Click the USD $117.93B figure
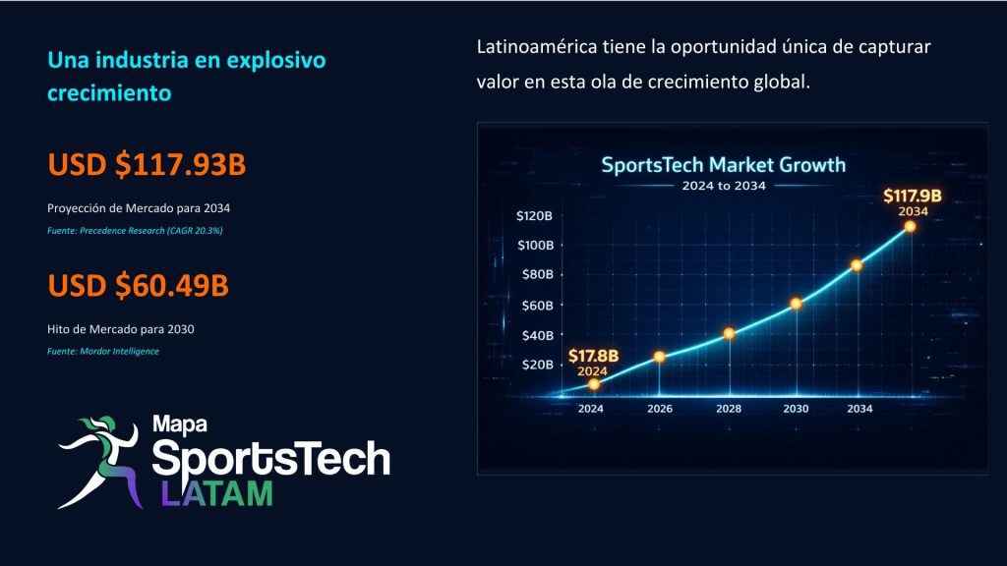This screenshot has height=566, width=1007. point(147,164)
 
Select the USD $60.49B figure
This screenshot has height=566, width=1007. point(138,286)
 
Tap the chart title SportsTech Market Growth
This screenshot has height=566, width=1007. point(723,165)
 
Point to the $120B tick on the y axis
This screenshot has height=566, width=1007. point(534,215)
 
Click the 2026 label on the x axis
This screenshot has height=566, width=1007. point(660,409)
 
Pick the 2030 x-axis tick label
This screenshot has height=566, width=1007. point(796,409)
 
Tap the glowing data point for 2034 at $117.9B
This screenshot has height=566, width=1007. point(910,226)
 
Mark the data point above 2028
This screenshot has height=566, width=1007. point(729,333)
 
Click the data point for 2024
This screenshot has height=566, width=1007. point(594,384)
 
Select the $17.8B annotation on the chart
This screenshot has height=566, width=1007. point(593,356)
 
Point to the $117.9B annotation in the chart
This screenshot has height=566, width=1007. point(912,196)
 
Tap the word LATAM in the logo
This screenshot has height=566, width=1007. point(217,493)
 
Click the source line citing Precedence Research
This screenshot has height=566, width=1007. point(135,231)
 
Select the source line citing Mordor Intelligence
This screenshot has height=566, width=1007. point(102,352)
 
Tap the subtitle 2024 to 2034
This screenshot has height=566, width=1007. point(724,186)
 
